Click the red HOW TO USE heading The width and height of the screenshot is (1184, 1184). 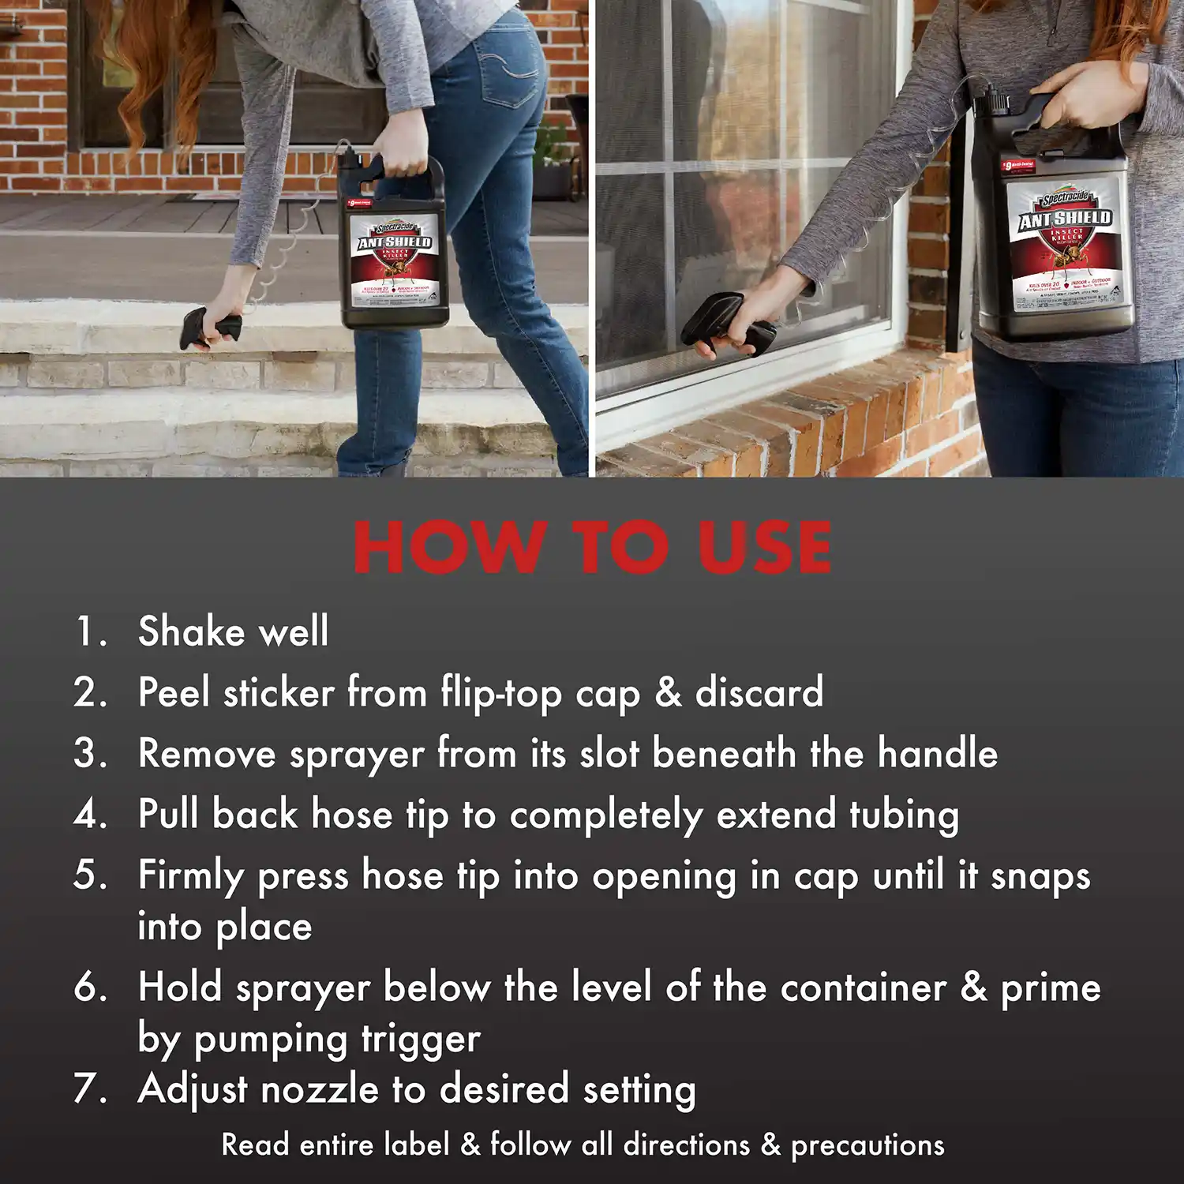592,547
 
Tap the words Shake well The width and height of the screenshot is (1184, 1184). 233,631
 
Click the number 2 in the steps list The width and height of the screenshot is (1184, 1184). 89,693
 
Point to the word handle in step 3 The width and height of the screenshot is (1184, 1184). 938,753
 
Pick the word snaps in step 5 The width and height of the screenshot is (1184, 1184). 1040,876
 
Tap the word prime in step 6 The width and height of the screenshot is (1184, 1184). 1051,988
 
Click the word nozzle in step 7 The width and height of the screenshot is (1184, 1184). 320,1090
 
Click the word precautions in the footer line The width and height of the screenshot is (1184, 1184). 867,1145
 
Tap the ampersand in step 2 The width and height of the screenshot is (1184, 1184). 668,692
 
